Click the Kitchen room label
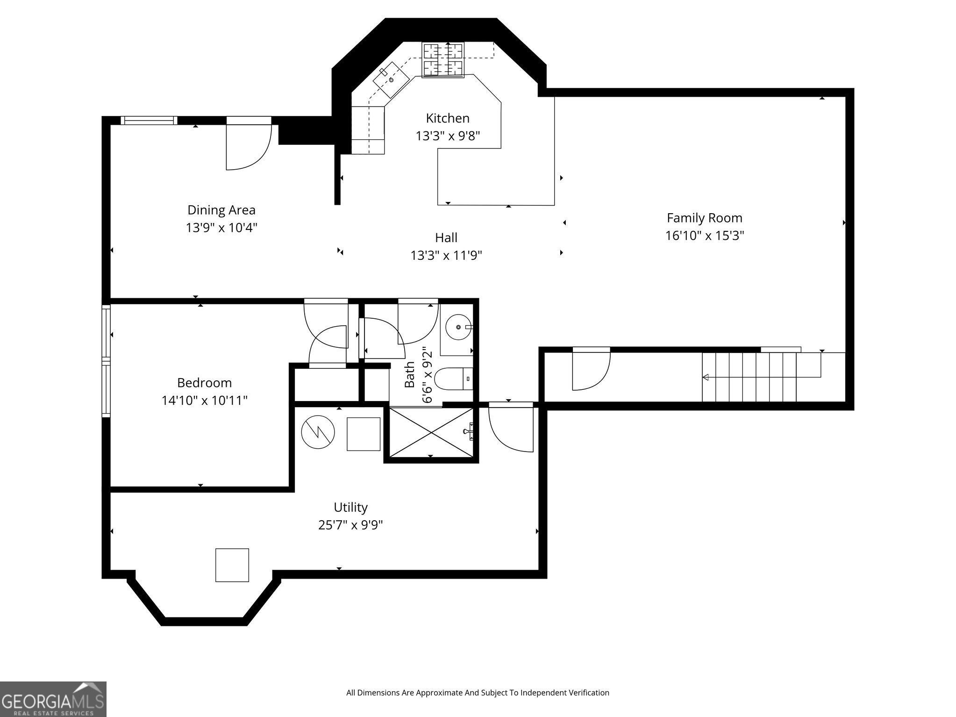point(448,118)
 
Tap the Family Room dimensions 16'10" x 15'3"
point(705,236)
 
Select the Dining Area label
point(221,210)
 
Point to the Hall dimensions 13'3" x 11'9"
point(446,256)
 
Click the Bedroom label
point(205,383)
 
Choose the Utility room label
point(350,507)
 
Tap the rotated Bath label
point(410,374)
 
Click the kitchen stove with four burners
point(443,59)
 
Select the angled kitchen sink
point(392,80)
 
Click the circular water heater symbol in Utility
point(318,432)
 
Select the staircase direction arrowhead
point(706,377)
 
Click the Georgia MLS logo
point(53,699)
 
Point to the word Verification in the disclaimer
point(589,692)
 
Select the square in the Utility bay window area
point(232,565)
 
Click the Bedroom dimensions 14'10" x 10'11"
point(205,401)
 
